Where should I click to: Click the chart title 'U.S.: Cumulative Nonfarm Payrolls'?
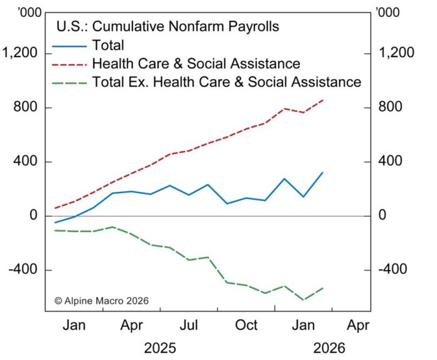[168, 26]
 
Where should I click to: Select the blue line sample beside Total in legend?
[70, 45]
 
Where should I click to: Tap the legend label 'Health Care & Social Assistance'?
[196, 63]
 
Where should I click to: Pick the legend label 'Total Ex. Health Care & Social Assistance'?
[227, 82]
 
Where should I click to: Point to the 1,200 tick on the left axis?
[21, 53]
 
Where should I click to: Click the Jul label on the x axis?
[190, 326]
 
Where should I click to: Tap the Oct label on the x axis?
[247, 326]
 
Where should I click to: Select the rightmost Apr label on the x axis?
[358, 326]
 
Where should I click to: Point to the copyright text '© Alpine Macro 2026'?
[102, 301]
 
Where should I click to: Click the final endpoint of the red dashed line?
[323, 100]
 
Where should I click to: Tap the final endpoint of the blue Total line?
[323, 172]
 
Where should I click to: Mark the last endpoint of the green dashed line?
[323, 288]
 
